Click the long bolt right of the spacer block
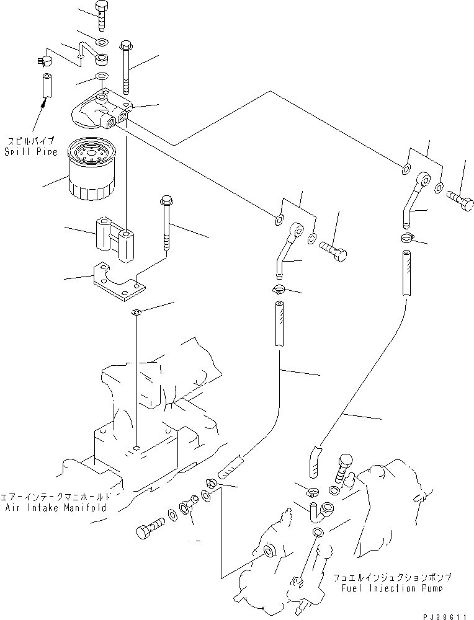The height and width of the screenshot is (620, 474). (167, 223)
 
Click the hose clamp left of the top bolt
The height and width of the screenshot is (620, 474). (42, 61)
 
